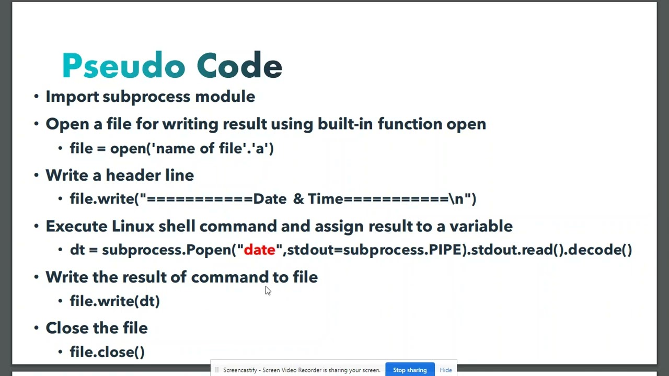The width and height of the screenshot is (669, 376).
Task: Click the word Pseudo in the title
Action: pos(123,66)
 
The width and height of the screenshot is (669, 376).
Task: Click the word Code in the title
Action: pos(239,66)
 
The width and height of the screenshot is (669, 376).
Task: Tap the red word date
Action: pos(259,250)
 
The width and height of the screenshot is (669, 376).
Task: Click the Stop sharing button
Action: pos(410,370)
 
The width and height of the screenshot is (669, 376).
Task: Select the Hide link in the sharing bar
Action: pos(446,370)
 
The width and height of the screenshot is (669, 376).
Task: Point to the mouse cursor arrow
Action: pos(268,290)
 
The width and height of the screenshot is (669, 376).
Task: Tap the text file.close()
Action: pos(107,352)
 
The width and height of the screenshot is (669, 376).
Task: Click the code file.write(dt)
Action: pos(114,301)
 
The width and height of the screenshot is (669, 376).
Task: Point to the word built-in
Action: pos(345,124)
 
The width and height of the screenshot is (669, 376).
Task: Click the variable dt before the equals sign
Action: pos(77,250)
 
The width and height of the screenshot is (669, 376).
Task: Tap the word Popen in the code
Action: pos(209,250)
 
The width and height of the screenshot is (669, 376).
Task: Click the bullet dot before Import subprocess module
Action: pos(36,97)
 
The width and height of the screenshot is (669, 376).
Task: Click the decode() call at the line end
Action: pos(600,250)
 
